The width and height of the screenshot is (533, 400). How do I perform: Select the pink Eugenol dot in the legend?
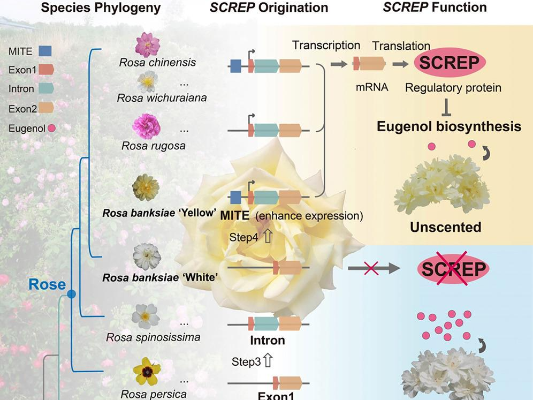[x=51, y=128]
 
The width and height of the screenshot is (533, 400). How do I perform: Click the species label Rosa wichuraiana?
[x=154, y=98]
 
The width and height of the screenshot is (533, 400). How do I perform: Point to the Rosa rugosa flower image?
[x=146, y=126]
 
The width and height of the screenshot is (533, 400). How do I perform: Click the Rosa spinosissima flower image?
[x=146, y=316]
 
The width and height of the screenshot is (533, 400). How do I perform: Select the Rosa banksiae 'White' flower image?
[x=147, y=256]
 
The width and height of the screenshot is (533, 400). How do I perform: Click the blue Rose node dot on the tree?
[x=72, y=294]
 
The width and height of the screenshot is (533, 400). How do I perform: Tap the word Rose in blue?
[x=47, y=284]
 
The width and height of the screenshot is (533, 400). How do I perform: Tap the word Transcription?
[x=326, y=45]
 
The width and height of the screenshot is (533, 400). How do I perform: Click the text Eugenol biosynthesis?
[x=448, y=127]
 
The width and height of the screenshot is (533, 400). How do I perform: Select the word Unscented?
[x=445, y=227]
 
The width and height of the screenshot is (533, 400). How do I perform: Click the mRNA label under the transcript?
[x=368, y=86]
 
